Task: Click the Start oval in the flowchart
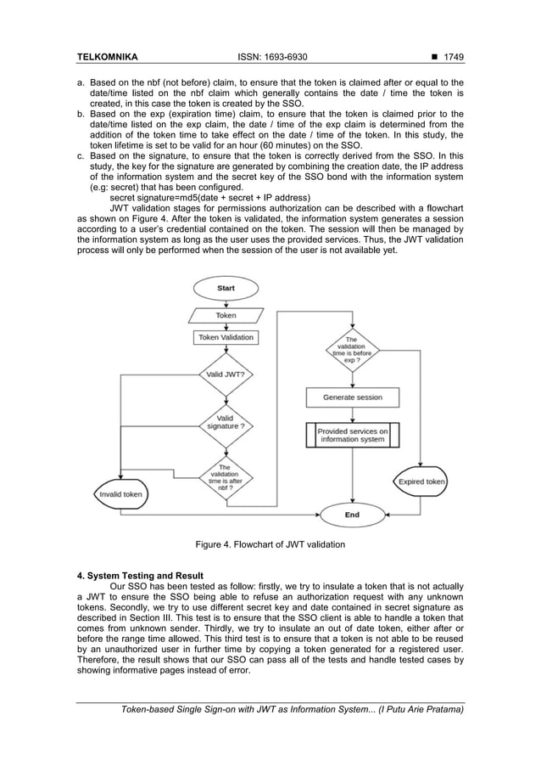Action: coord(226,289)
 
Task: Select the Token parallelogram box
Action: coord(226,314)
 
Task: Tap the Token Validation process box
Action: coord(226,337)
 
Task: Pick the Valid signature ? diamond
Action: coord(226,421)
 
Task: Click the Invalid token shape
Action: coord(121,493)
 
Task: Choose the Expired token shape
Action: coord(421,482)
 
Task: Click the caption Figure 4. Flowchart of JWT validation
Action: coord(270,544)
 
